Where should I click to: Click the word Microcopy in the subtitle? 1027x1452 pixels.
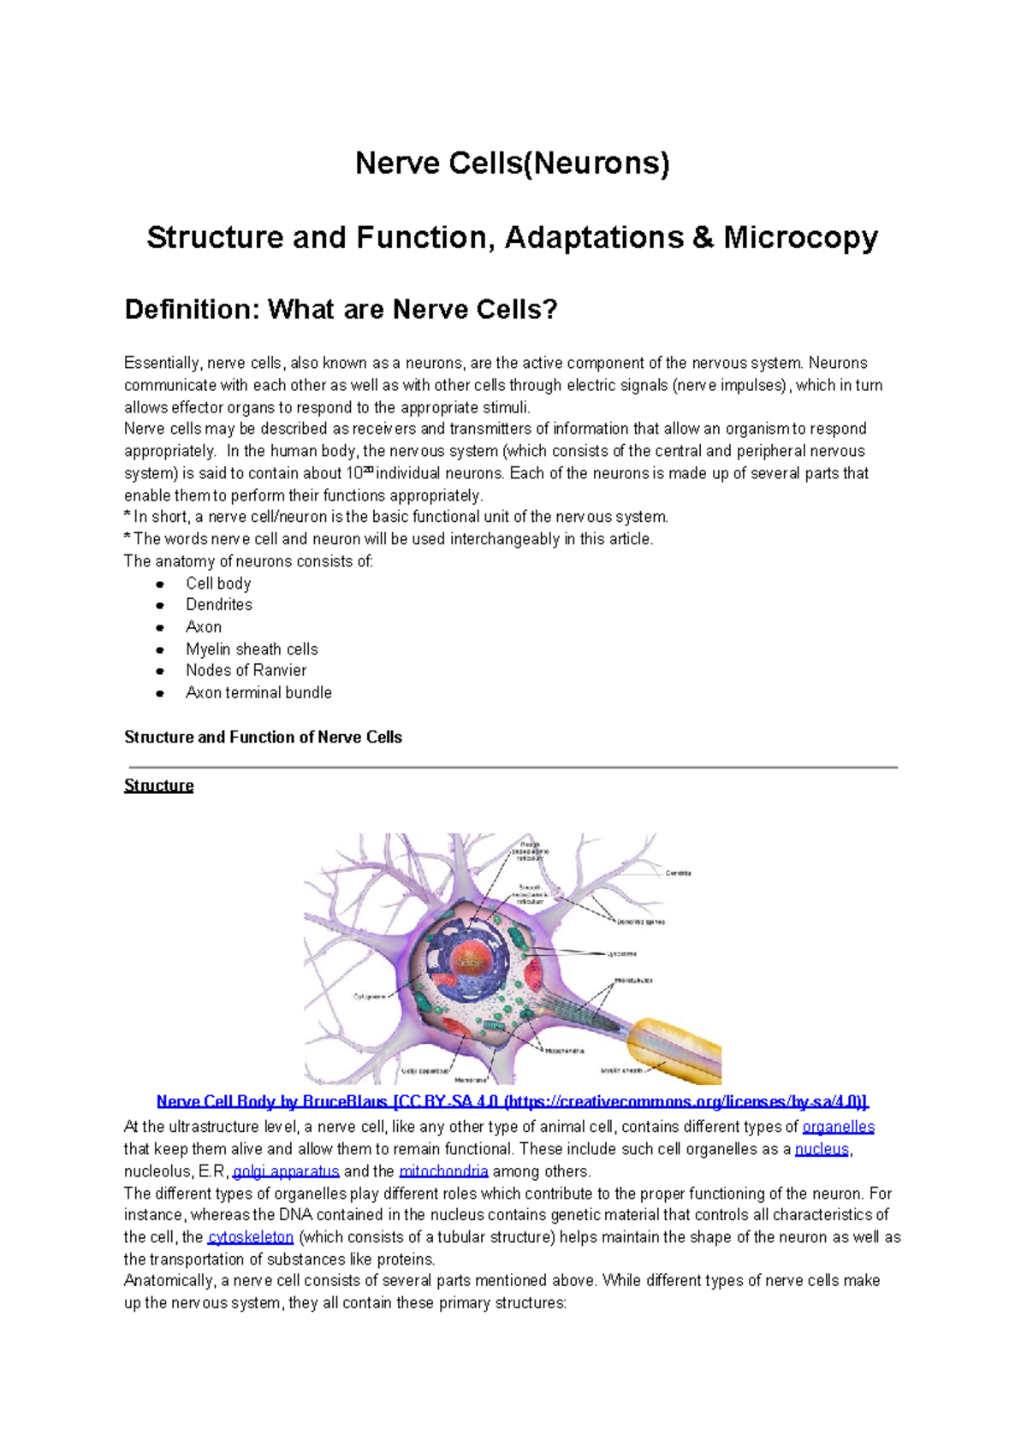pos(800,238)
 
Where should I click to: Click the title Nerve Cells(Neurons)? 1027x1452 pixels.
pos(512,163)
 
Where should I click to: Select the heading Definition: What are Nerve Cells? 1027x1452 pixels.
pos(341,309)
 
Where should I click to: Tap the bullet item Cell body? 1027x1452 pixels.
pos(218,584)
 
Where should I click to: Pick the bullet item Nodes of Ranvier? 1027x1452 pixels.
pos(246,671)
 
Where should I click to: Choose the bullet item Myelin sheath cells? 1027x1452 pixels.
pos(252,649)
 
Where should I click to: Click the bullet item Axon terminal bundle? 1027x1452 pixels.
pos(258,693)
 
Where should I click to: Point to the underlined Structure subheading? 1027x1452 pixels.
pos(158,785)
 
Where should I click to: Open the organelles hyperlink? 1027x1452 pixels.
pos(838,1127)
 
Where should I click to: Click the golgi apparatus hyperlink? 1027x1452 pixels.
pos(286,1171)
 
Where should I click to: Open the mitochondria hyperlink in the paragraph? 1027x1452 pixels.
pos(443,1171)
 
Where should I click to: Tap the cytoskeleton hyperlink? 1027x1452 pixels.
pos(251,1237)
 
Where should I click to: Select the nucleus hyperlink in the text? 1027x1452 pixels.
pos(822,1149)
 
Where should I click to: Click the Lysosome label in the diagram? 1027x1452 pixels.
pos(621,953)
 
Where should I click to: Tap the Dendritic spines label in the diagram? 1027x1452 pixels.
pos(641,922)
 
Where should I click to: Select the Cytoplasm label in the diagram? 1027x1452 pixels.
pos(370,996)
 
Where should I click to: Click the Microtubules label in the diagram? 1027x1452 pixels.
pos(633,981)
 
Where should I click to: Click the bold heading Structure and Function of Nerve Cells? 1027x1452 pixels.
pos(263,738)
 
